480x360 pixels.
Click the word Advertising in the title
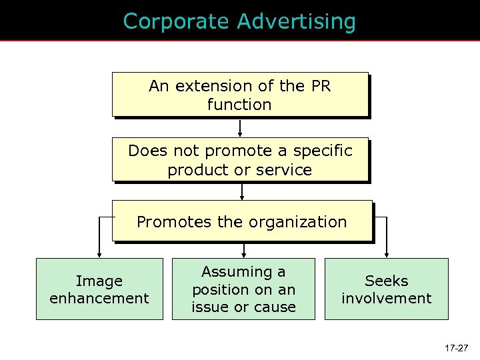296,21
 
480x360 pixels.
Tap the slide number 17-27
457,347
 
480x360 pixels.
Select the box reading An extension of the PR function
240,95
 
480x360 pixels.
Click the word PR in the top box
320,86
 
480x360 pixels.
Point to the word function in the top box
239,105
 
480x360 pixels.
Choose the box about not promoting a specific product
240,160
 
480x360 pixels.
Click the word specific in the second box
323,151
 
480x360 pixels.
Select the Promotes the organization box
241,221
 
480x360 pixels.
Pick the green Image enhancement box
99,289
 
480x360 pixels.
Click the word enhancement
99,298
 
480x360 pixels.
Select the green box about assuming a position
243,289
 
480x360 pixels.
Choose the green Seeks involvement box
387,289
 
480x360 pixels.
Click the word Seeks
387,281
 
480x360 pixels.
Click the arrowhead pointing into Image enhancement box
99,254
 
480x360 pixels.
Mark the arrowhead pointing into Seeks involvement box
387,254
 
